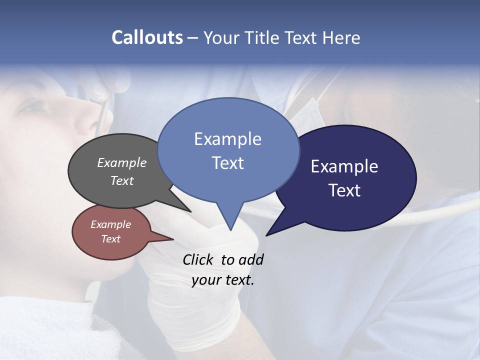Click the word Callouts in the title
[147, 38]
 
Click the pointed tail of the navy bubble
[268, 233]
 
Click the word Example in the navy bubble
[344, 166]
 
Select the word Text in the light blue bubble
[228, 163]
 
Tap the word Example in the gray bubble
[122, 163]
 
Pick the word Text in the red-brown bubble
[111, 239]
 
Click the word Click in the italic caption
[198, 259]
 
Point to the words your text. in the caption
[223, 280]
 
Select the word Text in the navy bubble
[344, 190]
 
